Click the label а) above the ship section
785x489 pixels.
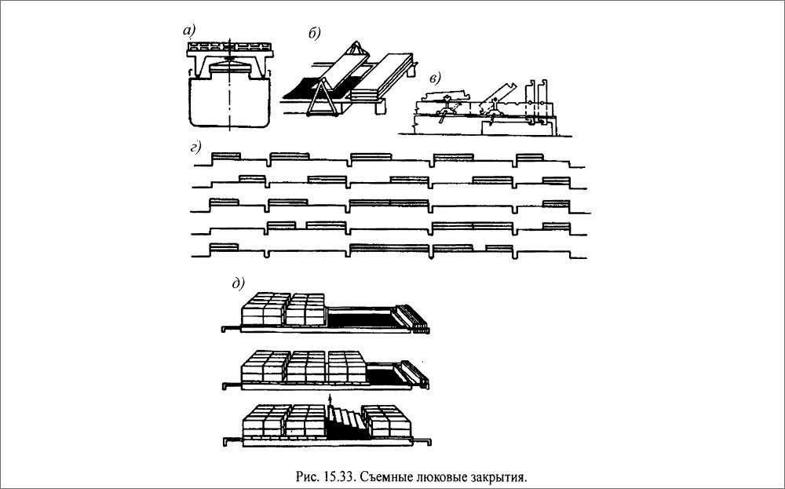(188, 31)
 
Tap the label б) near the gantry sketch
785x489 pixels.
(315, 34)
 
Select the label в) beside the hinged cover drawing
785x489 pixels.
(436, 78)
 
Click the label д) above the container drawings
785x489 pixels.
(239, 284)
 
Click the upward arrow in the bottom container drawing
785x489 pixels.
(330, 400)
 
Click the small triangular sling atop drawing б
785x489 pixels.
(356, 48)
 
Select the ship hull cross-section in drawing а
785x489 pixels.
(230, 100)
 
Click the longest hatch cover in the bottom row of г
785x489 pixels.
(389, 247)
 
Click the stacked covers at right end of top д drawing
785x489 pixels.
(411, 317)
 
